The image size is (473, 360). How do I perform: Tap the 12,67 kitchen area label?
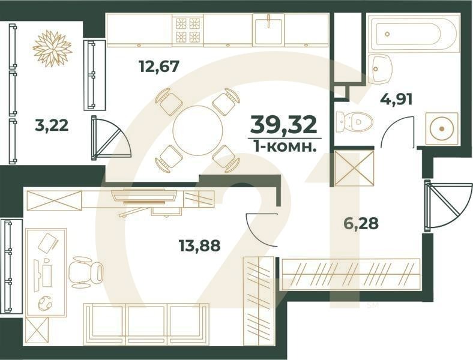tap(159, 65)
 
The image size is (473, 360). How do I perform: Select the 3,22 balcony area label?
tap(52, 125)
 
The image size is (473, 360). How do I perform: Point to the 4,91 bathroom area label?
tap(396, 98)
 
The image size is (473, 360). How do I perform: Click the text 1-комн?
tap(283, 146)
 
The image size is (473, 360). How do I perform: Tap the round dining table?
tap(197, 128)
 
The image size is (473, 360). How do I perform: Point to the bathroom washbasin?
tap(379, 69)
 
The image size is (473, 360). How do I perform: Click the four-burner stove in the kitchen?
tap(187, 31)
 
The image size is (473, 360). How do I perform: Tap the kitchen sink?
tap(268, 30)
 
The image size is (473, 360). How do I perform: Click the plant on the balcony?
tap(52, 47)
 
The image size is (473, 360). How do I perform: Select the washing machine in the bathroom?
tap(441, 128)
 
